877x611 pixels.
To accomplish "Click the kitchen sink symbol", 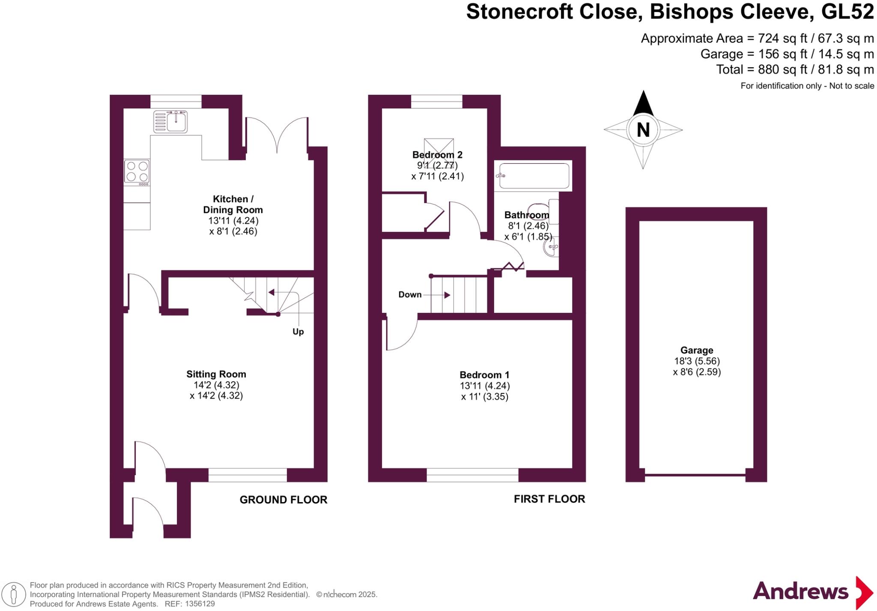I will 170,121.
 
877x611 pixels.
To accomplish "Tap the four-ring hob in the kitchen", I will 137,172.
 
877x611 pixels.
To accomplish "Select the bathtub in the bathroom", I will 534,176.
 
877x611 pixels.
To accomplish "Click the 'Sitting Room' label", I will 216,374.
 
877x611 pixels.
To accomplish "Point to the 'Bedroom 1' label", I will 484,375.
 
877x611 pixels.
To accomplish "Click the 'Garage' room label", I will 697,350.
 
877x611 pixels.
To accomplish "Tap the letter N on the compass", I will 643,130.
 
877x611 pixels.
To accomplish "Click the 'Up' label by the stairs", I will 298,332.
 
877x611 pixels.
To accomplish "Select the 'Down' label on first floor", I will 410,295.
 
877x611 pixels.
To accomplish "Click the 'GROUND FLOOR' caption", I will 283,500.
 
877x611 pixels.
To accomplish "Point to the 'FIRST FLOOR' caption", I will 549,499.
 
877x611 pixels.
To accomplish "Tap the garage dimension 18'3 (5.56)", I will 697,361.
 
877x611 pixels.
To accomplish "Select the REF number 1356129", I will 200,604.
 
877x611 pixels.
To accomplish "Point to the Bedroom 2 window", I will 436,102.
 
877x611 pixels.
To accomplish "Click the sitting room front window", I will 248,475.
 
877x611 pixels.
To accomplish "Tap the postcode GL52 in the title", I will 847,12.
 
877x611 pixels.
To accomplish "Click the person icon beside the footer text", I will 14,594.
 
